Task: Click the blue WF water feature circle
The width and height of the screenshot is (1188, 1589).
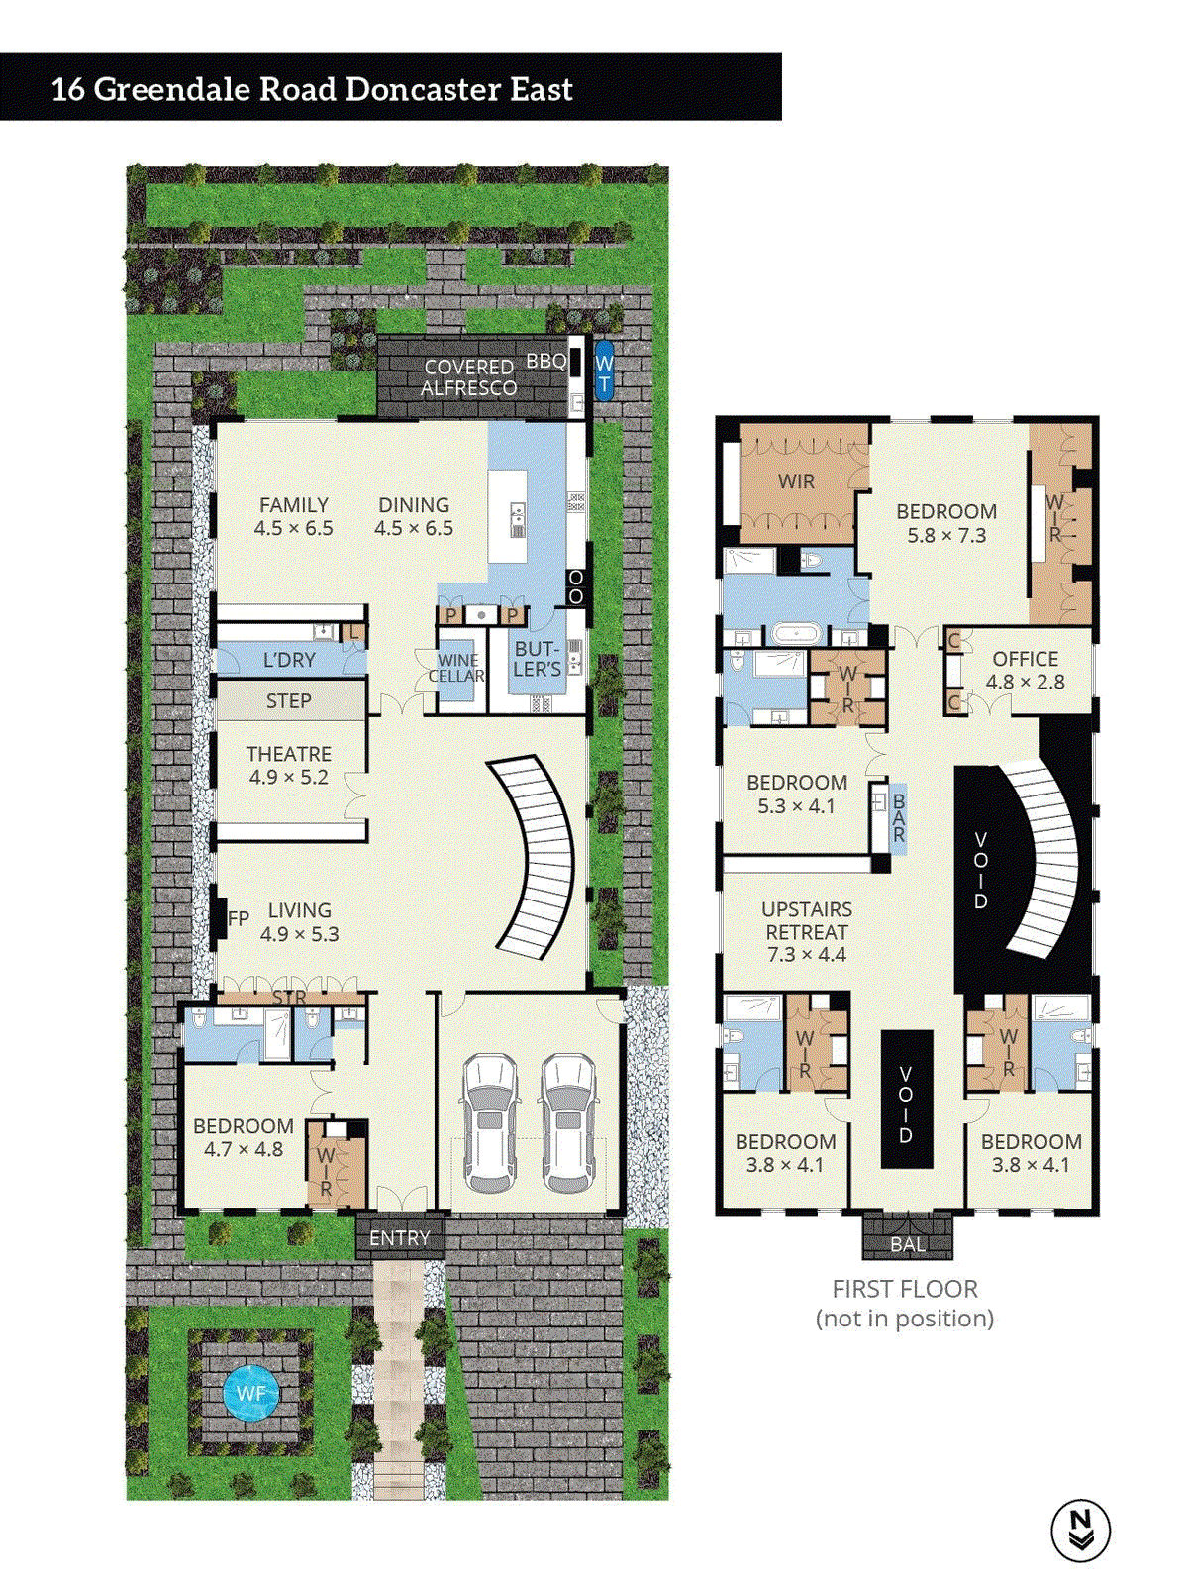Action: [x=250, y=1393]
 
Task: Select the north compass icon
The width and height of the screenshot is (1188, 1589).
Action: [x=1080, y=1530]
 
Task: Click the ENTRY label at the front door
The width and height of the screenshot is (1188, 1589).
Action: [x=399, y=1238]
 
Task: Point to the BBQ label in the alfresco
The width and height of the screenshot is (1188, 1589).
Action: [x=545, y=361]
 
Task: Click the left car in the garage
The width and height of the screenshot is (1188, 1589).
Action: [x=490, y=1122]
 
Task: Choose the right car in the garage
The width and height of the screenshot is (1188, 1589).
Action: [x=568, y=1122]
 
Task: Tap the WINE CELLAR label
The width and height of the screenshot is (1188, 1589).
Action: [x=456, y=668]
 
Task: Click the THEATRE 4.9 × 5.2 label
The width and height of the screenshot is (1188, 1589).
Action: [x=288, y=765]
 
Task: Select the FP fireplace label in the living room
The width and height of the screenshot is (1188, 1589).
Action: [x=238, y=918]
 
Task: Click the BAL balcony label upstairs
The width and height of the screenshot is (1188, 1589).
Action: [x=907, y=1244]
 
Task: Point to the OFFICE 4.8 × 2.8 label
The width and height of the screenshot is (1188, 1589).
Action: [x=1025, y=670]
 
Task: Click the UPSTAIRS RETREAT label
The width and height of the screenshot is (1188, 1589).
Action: [x=806, y=931]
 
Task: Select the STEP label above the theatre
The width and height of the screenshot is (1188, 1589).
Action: [x=288, y=700]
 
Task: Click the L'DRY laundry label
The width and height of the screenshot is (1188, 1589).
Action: [x=288, y=660]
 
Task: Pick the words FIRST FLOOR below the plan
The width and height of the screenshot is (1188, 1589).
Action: [x=904, y=1289]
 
